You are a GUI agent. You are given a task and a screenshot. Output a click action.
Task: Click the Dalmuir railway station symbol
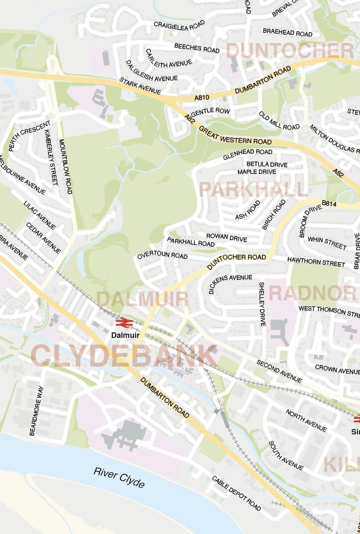(124, 322)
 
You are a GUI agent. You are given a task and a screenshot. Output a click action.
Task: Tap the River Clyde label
(119, 478)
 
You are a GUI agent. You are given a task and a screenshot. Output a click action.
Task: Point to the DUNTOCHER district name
(290, 51)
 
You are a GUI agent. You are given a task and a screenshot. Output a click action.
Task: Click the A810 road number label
(201, 98)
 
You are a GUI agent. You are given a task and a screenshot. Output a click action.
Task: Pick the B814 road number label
(329, 204)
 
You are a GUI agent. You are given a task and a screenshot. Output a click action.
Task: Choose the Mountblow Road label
(65, 167)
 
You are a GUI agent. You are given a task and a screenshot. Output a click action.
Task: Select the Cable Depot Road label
(236, 493)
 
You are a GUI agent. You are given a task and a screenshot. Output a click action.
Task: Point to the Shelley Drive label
(262, 304)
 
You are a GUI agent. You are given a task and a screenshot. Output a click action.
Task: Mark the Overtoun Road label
(162, 255)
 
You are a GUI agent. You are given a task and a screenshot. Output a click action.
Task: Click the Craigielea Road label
(179, 26)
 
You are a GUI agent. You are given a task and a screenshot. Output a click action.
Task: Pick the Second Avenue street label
(279, 371)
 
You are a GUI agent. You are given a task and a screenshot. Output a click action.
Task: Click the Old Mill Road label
(279, 121)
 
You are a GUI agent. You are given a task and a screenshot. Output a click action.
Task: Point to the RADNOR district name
(312, 293)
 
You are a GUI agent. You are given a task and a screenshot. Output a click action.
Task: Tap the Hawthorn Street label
(316, 262)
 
